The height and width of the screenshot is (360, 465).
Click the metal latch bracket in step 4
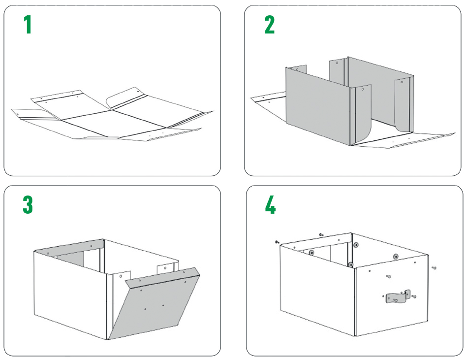398,297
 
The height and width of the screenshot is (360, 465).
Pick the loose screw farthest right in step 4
434,268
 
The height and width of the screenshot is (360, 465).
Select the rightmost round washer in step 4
396,256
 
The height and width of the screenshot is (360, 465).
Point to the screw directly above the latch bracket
388,276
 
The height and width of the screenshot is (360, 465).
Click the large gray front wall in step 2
317,106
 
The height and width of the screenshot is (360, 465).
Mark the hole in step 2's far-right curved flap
402,82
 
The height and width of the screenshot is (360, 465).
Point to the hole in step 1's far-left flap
18,114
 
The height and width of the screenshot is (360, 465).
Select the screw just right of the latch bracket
413,296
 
